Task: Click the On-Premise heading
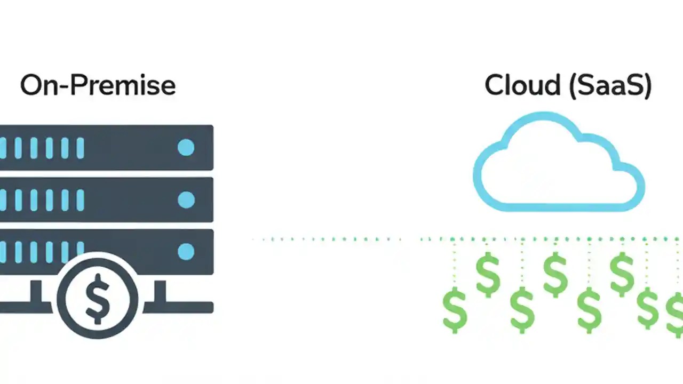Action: point(98,86)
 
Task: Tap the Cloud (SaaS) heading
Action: point(568,86)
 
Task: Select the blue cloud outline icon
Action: point(559,162)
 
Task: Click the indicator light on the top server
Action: point(186,148)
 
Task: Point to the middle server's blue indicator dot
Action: point(186,200)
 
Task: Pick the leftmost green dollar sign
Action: point(455,309)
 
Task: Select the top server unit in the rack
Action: point(107,148)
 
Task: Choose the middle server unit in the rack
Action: point(107,200)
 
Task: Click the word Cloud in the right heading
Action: point(522,86)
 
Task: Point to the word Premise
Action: point(128,86)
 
